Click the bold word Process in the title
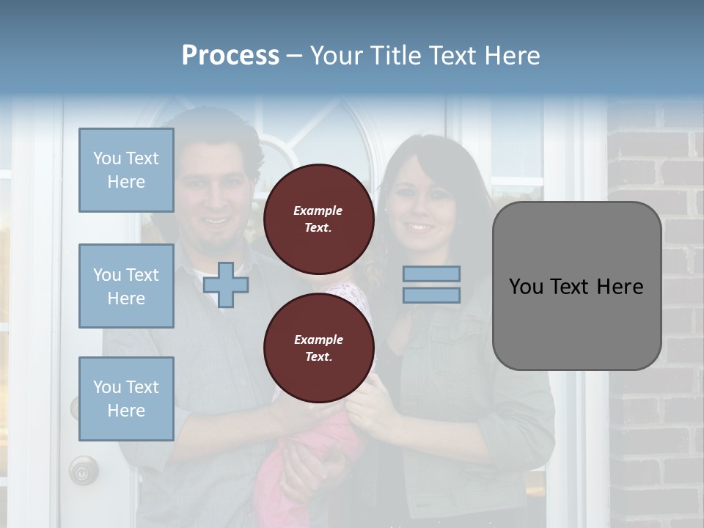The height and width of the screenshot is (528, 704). (x=230, y=56)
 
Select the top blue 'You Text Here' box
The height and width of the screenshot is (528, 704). (x=126, y=170)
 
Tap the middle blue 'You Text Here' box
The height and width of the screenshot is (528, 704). (x=126, y=286)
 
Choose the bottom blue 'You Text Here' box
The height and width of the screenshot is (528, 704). (x=126, y=399)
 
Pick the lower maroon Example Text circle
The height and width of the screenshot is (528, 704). (x=318, y=348)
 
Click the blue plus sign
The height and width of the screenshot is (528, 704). (x=226, y=285)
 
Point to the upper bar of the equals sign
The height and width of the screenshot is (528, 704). (x=431, y=274)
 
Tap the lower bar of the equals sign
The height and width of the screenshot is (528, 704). (x=431, y=295)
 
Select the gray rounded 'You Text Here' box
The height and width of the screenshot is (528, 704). (x=576, y=286)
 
